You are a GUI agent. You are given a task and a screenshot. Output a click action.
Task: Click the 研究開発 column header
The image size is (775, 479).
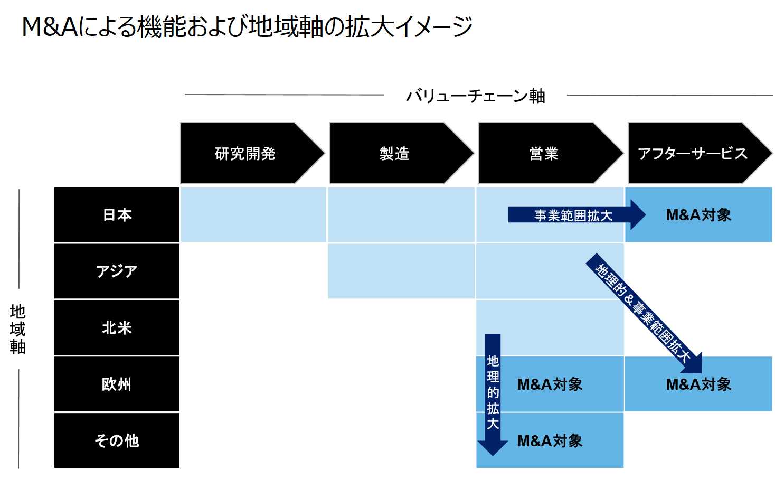[245, 154]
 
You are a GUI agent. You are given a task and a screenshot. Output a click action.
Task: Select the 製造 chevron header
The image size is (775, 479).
[395, 154]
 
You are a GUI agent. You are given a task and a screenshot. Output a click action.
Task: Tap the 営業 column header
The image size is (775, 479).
[544, 154]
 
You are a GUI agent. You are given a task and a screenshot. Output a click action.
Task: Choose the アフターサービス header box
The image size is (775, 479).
[693, 154]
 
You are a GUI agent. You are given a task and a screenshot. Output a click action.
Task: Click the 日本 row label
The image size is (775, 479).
[117, 215]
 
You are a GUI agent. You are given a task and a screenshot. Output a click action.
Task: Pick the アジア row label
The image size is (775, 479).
[117, 271]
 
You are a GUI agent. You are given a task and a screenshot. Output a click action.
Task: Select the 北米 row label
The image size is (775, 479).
[117, 328]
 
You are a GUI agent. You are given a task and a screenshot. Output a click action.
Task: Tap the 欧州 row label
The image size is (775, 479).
[117, 384]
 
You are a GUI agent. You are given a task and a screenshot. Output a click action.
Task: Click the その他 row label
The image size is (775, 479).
[117, 440]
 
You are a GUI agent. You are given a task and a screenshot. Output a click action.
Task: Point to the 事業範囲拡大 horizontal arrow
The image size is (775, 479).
[573, 215]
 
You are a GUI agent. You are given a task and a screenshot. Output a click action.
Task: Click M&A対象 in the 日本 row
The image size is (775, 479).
[698, 215]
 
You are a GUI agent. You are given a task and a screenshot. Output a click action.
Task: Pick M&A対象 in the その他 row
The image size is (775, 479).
[550, 440]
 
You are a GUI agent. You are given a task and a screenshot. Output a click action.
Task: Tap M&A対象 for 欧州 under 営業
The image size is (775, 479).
[550, 384]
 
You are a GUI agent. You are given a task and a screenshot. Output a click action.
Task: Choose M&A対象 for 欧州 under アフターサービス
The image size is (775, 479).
[698, 384]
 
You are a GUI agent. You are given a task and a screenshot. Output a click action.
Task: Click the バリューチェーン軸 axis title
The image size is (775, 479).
[475, 96]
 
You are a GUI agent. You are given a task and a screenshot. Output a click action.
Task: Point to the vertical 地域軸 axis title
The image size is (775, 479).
[17, 328]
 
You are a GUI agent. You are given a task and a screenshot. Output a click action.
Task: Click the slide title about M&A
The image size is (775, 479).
[247, 26]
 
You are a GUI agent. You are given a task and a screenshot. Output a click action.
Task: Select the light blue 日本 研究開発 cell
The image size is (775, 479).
[253, 215]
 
